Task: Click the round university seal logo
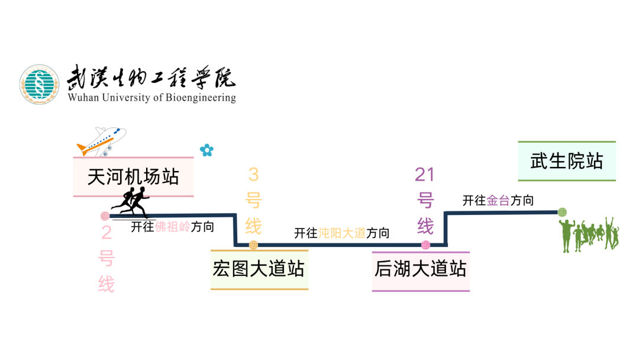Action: (x=40, y=84)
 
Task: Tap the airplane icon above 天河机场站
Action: (x=101, y=141)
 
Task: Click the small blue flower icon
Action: (x=206, y=150)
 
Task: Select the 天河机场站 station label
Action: (x=133, y=176)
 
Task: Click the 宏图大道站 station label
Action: (x=259, y=269)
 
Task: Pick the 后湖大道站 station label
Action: (x=420, y=269)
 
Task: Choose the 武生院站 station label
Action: (x=566, y=161)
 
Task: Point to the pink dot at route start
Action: (x=105, y=216)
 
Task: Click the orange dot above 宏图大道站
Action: (x=253, y=245)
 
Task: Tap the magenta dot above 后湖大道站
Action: (x=425, y=245)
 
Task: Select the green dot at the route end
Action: (x=562, y=212)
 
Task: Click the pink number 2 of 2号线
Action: (x=106, y=233)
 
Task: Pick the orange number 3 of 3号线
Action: (x=253, y=174)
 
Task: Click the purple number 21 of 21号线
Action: (x=425, y=174)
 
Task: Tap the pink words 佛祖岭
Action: (x=172, y=227)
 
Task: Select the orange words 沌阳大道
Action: (x=342, y=233)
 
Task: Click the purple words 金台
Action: (x=498, y=201)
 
